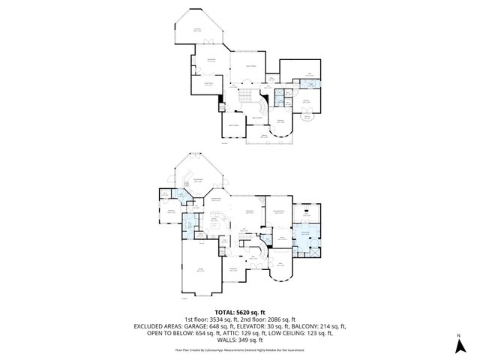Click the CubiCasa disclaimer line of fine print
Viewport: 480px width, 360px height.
click(239, 349)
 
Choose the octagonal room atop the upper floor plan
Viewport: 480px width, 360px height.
click(199, 29)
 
